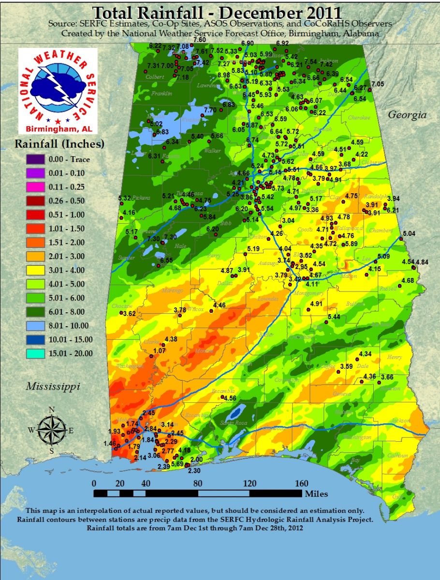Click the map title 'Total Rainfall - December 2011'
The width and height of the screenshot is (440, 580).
coord(220,12)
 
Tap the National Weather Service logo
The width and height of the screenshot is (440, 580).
coord(58,90)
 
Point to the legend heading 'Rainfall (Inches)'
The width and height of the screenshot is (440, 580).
coord(59,144)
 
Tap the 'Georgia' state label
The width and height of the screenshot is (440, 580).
coord(408,115)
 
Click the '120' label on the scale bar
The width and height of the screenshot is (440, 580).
coord(250,483)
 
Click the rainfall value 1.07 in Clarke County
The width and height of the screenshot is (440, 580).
coord(160,350)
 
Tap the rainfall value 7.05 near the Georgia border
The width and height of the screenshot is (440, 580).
coord(378,84)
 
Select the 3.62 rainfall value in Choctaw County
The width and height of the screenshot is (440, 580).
coord(129,313)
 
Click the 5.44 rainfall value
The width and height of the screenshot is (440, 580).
coord(334,317)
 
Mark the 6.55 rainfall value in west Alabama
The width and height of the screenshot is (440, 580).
coord(166,260)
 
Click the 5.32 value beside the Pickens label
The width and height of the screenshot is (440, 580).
coord(124,198)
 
